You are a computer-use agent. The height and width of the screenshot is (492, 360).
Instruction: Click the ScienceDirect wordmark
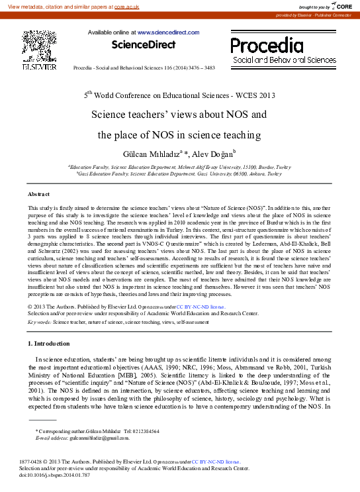[144, 44]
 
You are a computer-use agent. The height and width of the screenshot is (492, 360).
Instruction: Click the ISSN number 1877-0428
[34, 462]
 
